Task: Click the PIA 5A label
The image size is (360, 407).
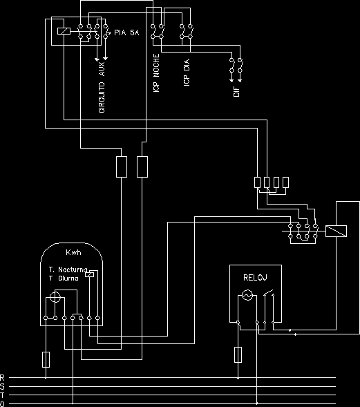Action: coord(126,32)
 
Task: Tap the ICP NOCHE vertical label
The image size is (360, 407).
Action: coord(156,73)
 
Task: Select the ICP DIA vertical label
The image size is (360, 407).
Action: coord(187,73)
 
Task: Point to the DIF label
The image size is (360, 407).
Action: coord(236,92)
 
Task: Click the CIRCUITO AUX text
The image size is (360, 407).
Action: coord(102,87)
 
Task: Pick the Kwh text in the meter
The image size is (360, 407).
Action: coord(73,252)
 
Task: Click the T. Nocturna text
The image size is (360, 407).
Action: coord(68,269)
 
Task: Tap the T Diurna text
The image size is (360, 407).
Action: coord(64,278)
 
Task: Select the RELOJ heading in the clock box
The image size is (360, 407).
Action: coord(255,278)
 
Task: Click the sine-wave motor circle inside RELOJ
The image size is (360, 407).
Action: coord(247,295)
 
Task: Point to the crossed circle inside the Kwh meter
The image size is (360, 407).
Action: coord(55,296)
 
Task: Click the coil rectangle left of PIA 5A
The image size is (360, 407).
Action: coord(64,31)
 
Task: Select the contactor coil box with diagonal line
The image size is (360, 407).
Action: coord(336,231)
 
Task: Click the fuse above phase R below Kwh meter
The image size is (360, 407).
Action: coord(46,360)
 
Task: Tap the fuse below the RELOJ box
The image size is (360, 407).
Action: coord(238,354)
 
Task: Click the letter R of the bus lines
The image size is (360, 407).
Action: coord(2,378)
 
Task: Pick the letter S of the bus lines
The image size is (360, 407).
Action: coord(2,387)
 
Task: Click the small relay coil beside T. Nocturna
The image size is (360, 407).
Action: coord(90,274)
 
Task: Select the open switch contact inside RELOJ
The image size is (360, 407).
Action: coord(269,293)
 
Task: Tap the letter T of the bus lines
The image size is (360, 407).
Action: coord(2,395)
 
